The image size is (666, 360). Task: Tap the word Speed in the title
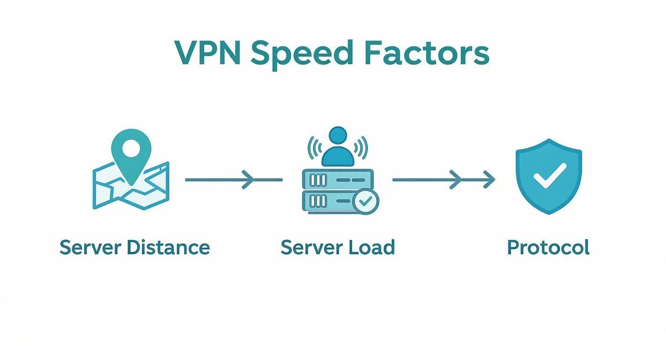(x=302, y=54)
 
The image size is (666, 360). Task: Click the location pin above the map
(x=131, y=152)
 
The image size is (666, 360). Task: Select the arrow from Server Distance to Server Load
(x=233, y=180)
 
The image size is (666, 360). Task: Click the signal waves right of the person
(x=362, y=147)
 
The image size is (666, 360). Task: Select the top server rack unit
(x=336, y=180)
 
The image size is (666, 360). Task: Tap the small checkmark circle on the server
(x=366, y=202)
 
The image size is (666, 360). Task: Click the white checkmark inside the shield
(x=549, y=176)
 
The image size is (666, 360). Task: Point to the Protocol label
(x=548, y=247)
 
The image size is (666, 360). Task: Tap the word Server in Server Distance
(x=89, y=247)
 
